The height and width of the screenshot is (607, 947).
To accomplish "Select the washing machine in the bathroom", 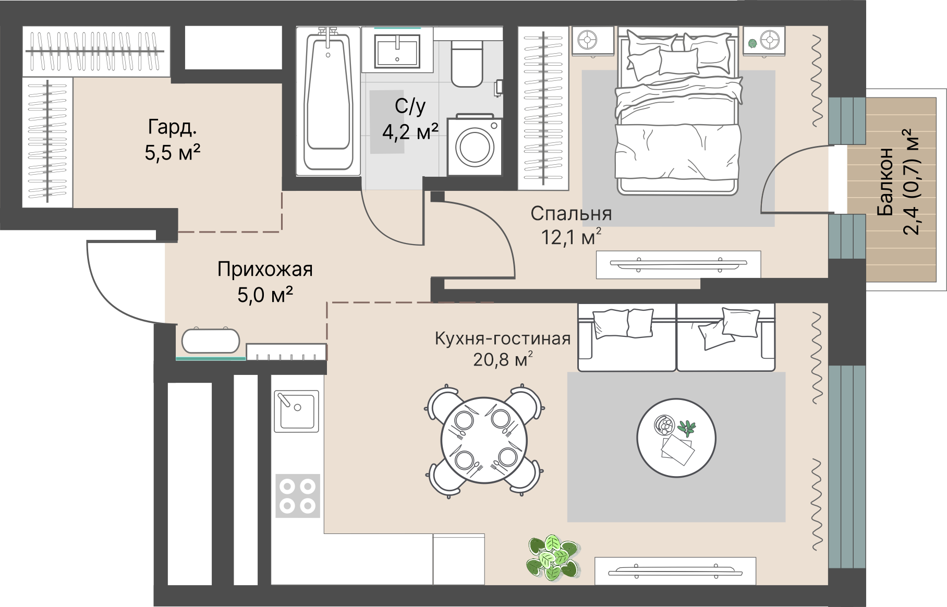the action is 475,146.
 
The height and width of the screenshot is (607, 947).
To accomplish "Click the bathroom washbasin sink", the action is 397,51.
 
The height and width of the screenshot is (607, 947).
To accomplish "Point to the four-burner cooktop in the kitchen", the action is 298,495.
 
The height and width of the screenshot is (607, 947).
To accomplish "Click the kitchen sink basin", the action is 296,410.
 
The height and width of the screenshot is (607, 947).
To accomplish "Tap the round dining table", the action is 484,441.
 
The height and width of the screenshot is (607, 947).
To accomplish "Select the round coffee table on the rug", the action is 676,438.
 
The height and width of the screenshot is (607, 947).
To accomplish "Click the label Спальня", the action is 571,213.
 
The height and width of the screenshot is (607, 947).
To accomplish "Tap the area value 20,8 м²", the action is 503,359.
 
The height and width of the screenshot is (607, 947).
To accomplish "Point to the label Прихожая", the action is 265,270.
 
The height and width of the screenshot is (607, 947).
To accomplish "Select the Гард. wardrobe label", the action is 173,127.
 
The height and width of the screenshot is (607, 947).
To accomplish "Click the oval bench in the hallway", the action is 211,341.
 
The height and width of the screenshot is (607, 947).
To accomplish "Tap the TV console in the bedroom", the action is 678,264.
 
